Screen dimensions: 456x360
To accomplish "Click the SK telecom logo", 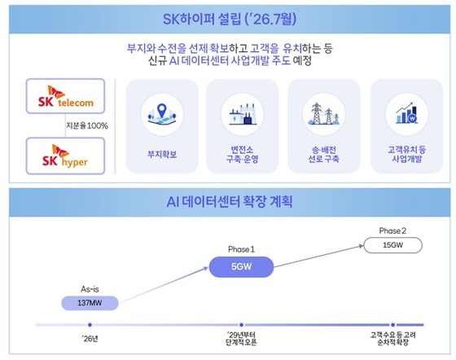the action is click(x=65, y=96).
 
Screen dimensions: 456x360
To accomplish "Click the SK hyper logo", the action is click(x=65, y=156).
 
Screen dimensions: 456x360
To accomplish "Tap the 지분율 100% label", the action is click(x=87, y=125).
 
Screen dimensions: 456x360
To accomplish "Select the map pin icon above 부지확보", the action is click(x=162, y=114).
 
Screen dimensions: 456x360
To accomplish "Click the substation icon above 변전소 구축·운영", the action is click(x=243, y=114).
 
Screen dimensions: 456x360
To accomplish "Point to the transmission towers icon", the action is click(x=324, y=114).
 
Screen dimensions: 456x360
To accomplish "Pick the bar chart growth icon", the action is click(x=406, y=113).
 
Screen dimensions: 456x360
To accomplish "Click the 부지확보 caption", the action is click(x=162, y=154).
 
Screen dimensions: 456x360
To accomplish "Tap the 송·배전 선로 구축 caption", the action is click(x=324, y=155).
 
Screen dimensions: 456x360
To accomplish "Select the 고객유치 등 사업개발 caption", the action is click(x=406, y=155).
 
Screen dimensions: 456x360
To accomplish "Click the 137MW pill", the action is click(x=90, y=303).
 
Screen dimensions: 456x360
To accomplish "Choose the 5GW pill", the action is click(x=241, y=266).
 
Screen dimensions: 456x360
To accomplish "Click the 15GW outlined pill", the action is click(x=392, y=245).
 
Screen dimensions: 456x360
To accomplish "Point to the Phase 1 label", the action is click(x=241, y=249).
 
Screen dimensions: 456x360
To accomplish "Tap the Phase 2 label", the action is click(x=392, y=230).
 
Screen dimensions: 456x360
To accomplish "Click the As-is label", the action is click(x=90, y=289).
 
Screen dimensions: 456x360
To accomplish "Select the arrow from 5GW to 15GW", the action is click(x=319, y=257).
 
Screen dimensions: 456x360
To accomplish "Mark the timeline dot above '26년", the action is click(x=90, y=325).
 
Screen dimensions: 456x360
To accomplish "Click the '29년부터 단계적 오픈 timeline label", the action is click(x=241, y=338).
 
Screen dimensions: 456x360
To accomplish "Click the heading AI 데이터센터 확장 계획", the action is click(x=230, y=202).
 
